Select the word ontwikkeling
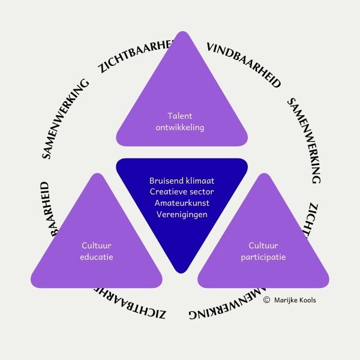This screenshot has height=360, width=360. pyautogui.click(x=181, y=127)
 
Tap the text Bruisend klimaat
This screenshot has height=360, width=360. pyautogui.click(x=181, y=181)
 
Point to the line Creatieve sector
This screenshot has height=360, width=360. pyautogui.click(x=181, y=191)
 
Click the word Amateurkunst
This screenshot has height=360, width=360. pyautogui.click(x=181, y=203)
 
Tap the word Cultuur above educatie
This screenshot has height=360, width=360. pyautogui.click(x=97, y=245)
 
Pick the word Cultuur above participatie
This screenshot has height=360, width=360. pyautogui.click(x=263, y=245)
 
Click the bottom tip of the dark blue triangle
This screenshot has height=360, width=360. pyautogui.click(x=181, y=271)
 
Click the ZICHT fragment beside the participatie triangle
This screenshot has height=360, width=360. pyautogui.click(x=317, y=220)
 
